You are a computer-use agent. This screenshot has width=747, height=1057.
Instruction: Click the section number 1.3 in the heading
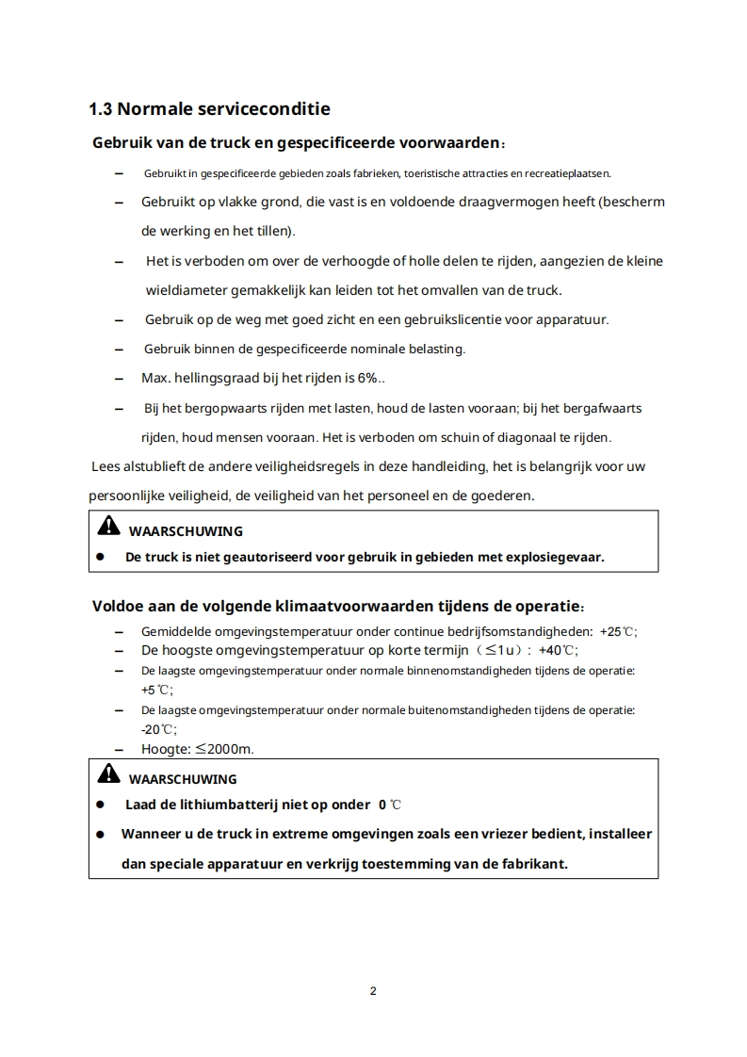100,109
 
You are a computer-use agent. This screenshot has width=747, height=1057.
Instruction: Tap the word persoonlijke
128,495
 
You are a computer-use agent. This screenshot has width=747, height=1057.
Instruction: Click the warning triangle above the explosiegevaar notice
109,526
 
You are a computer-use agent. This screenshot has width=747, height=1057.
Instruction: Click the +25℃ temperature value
623,631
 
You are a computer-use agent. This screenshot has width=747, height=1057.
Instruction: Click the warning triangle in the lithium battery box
109,774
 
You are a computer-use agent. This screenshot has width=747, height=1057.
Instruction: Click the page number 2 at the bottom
373,991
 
